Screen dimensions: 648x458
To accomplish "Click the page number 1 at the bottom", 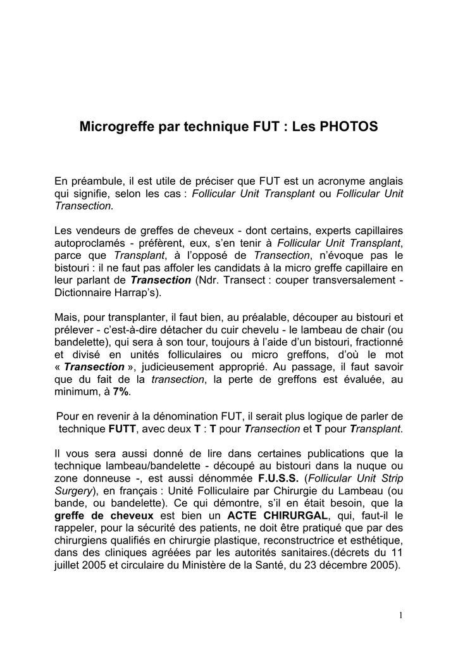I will [401, 614].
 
